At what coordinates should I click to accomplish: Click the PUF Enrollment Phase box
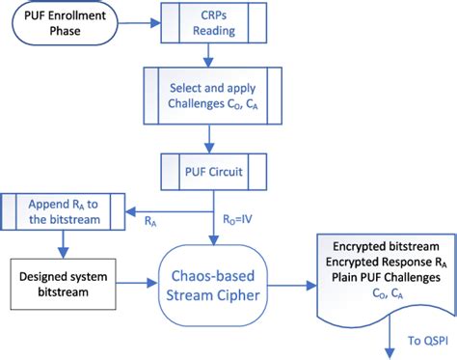point(65,28)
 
